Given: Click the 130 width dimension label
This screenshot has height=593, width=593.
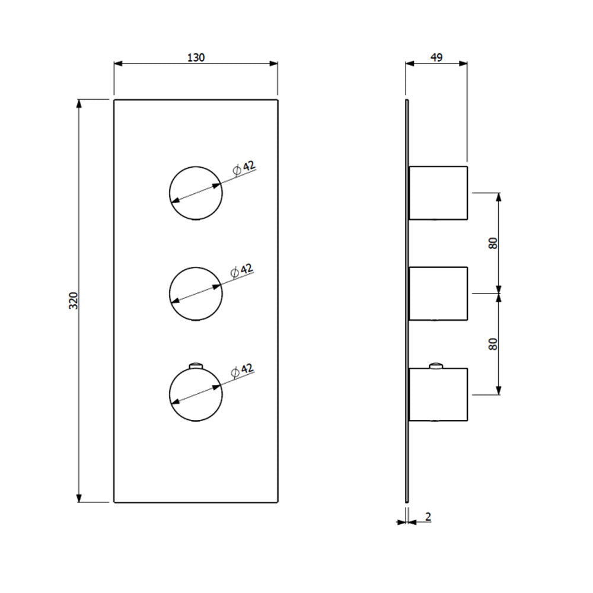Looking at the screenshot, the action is [x=196, y=57].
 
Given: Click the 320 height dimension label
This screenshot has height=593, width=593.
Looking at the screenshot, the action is [x=74, y=301].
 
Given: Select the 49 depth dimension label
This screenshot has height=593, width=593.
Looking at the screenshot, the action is [x=436, y=57].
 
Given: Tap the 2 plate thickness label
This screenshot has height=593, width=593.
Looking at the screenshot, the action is [x=428, y=517].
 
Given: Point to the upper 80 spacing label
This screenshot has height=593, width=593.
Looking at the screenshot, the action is [x=493, y=243].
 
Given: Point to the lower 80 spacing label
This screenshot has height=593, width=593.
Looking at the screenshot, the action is [x=493, y=344].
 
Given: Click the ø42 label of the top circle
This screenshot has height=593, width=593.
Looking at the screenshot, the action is [x=244, y=168].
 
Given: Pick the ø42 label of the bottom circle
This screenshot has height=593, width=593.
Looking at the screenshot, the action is [x=242, y=371].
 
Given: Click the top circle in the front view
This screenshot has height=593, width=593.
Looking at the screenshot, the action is [x=196, y=167].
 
